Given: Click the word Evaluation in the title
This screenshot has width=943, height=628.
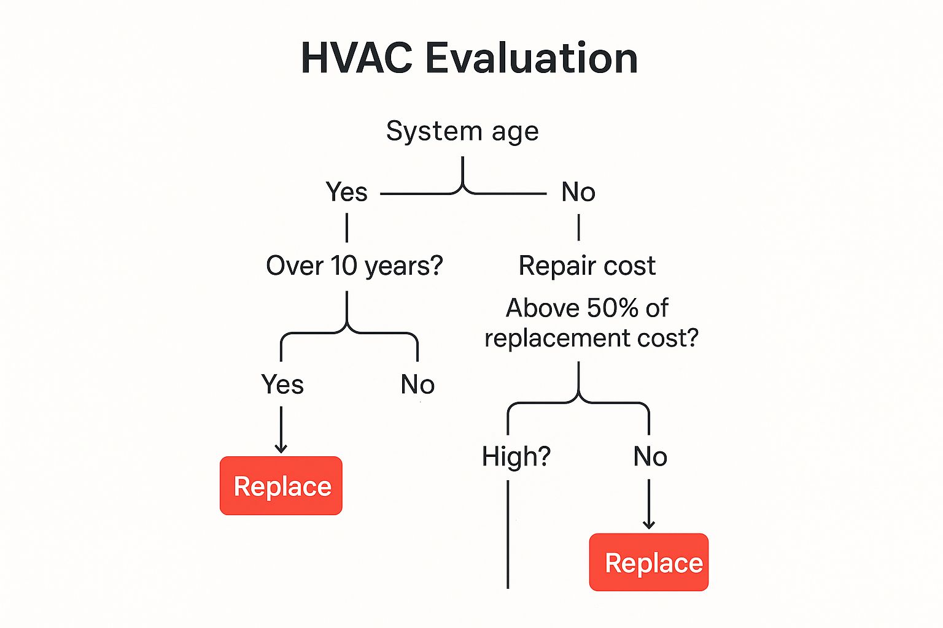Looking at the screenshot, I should pyautogui.click(x=531, y=59).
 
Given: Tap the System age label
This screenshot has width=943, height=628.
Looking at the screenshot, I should pyautogui.click(x=462, y=131).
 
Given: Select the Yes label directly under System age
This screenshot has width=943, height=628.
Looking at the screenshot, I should pyautogui.click(x=346, y=193).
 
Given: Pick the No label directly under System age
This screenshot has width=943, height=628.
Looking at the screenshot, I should pyautogui.click(x=578, y=193).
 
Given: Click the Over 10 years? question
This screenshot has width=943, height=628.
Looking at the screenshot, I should pyautogui.click(x=354, y=266).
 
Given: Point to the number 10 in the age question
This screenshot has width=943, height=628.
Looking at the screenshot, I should pyautogui.click(x=344, y=266).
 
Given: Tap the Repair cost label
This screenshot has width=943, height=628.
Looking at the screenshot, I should pyautogui.click(x=587, y=266).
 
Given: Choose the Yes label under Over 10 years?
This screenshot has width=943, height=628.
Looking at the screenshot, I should pyautogui.click(x=282, y=385).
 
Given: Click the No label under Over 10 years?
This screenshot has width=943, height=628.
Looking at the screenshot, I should pyautogui.click(x=417, y=385).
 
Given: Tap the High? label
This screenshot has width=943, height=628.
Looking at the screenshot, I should pyautogui.click(x=516, y=456).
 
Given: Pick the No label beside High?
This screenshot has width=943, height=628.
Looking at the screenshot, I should pyautogui.click(x=650, y=456).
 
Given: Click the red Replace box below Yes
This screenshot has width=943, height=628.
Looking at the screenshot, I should pyautogui.click(x=281, y=486).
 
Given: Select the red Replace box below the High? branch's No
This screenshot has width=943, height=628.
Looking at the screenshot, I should pyautogui.click(x=649, y=562).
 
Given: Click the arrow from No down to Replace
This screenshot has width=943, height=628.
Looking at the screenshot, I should pyautogui.click(x=649, y=505).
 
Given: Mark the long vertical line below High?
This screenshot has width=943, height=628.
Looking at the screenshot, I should pyautogui.click(x=508, y=534).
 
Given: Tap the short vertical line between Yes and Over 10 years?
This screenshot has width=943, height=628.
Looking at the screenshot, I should pyautogui.click(x=347, y=228).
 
